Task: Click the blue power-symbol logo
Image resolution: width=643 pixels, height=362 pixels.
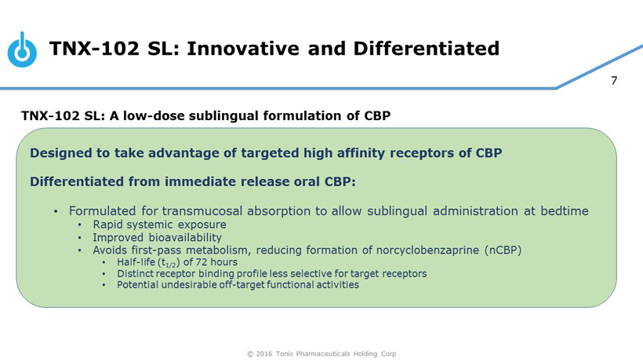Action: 22,51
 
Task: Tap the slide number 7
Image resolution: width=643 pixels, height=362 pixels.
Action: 614,80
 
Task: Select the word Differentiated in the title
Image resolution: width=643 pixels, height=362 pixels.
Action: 427,49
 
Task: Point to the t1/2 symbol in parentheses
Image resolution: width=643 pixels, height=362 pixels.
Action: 169,263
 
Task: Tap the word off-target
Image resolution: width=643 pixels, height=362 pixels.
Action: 242,285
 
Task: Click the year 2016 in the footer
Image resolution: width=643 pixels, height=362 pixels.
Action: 264,354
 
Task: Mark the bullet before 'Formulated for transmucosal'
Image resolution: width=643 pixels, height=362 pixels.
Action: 56,212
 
